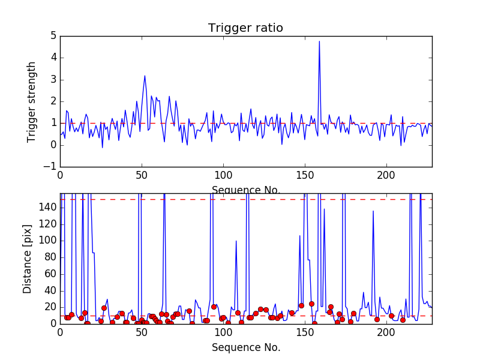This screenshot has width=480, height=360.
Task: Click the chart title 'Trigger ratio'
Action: pyautogui.click(x=245, y=28)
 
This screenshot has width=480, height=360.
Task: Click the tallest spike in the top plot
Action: pyautogui.click(x=319, y=41)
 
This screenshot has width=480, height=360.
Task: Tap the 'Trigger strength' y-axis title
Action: pyautogui.click(x=32, y=102)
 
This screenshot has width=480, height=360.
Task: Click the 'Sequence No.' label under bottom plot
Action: pyautogui.click(x=245, y=347)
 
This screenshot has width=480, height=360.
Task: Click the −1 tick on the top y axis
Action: pyautogui.click(x=50, y=167)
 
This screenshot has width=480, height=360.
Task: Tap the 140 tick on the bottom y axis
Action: pyautogui.click(x=48, y=208)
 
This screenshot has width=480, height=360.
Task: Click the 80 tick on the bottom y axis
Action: pyautogui.click(x=50, y=257)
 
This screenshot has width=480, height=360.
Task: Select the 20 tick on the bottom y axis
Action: pyautogui.click(x=50, y=307)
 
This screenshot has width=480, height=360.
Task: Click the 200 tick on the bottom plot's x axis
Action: pyautogui.click(x=386, y=332)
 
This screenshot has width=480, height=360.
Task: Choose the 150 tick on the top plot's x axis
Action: pyautogui.click(x=305, y=175)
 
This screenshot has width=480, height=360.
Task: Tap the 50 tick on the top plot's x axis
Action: pyautogui.click(x=142, y=175)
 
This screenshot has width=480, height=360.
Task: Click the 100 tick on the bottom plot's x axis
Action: pyautogui.click(x=223, y=332)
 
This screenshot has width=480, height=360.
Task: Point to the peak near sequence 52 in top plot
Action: pyautogui.click(x=145, y=76)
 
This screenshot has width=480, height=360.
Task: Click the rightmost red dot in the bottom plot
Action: pyautogui.click(x=403, y=320)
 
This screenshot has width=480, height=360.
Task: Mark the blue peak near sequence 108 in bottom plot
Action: pyautogui.click(x=236, y=241)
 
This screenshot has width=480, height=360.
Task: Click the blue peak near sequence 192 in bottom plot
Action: pyautogui.click(x=373, y=211)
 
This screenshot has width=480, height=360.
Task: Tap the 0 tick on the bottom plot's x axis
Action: pyautogui.click(x=60, y=332)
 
